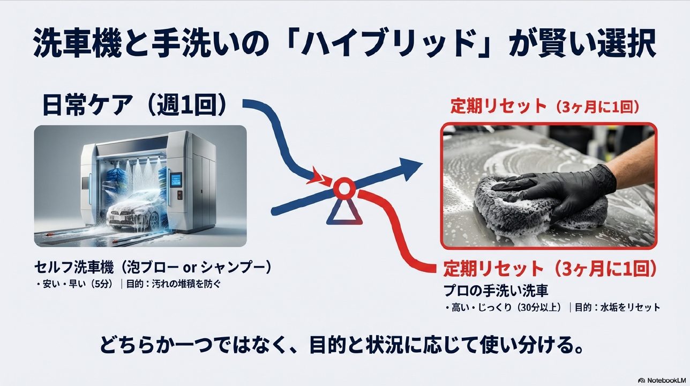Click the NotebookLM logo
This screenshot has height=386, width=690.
tap(661, 379)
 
